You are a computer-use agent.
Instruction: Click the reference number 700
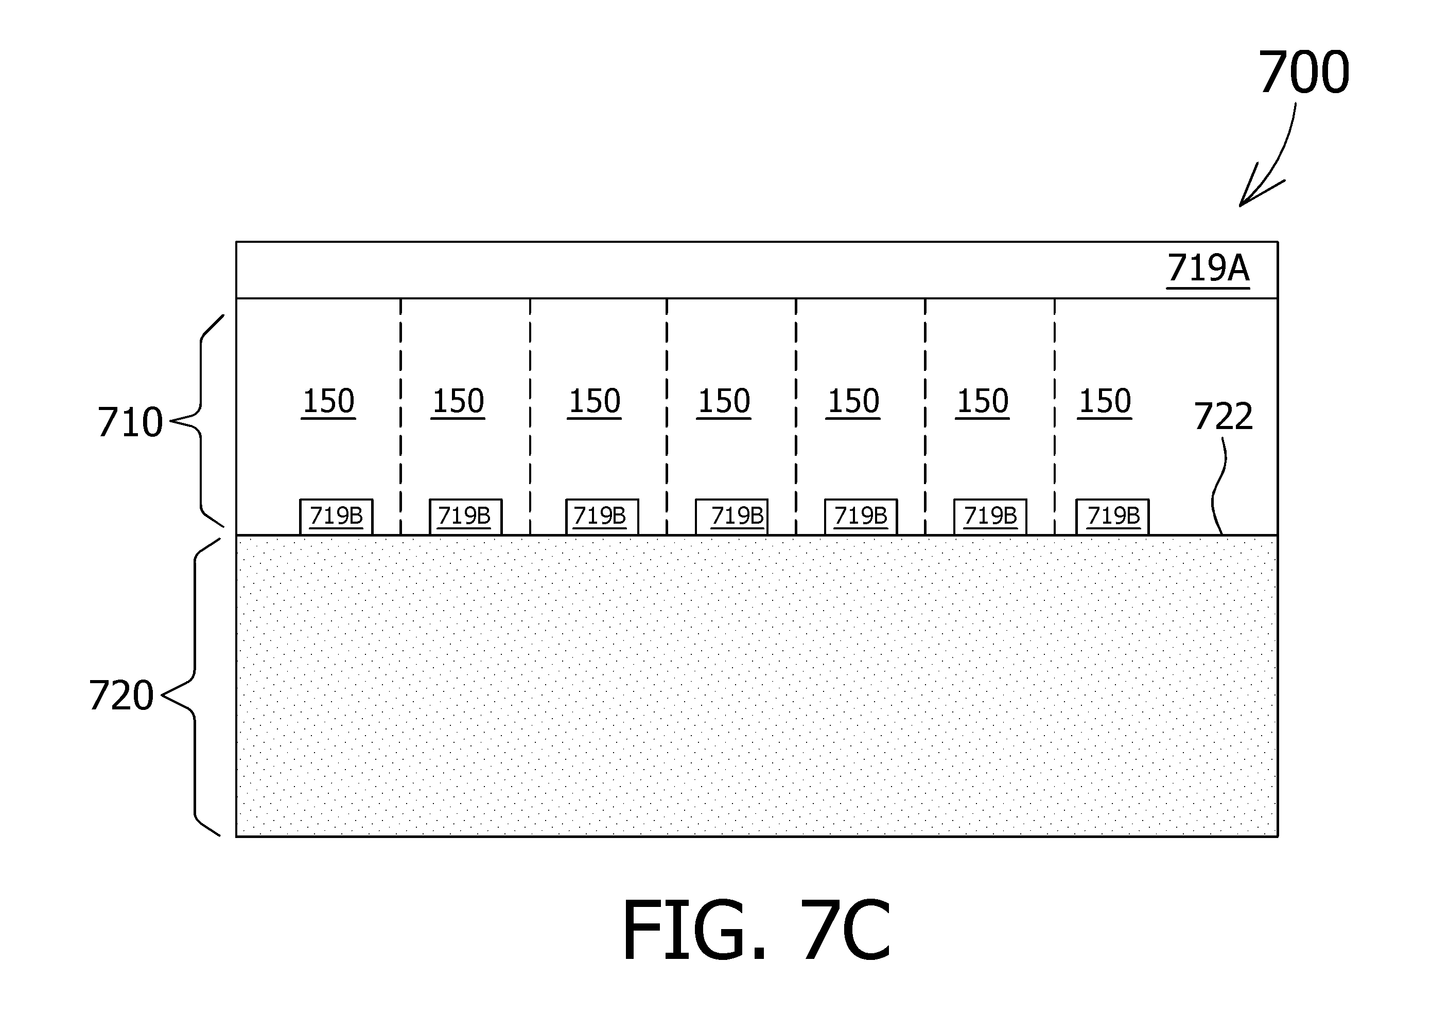tap(1304, 73)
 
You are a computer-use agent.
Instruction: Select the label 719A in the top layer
tap(1208, 269)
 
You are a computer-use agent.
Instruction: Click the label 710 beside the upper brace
tap(130, 422)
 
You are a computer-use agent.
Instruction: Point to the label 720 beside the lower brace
tap(121, 696)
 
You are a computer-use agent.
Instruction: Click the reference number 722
tap(1224, 417)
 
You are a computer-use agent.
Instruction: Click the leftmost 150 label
tap(328, 402)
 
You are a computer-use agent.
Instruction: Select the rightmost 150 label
tap(1105, 402)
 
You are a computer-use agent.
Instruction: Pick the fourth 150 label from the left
tap(724, 402)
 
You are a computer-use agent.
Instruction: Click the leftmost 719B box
tap(337, 517)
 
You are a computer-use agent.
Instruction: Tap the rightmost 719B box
tap(1113, 517)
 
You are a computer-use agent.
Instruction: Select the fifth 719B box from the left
tap(861, 517)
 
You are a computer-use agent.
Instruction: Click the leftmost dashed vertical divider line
tap(400, 417)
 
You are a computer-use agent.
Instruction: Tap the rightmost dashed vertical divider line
tap(1055, 417)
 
